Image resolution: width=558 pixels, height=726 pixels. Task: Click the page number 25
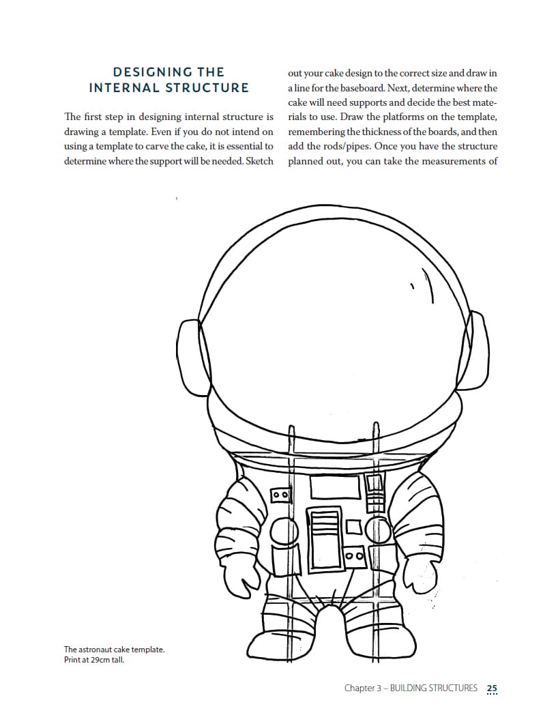click(493, 688)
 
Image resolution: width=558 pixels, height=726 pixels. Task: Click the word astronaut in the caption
click(97, 650)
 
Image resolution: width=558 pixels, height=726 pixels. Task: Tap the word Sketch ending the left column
click(259, 162)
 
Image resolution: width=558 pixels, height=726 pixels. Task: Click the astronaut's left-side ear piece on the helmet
click(188, 350)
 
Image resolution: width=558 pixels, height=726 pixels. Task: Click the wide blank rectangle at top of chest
click(335, 487)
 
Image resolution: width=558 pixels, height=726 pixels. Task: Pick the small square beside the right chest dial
click(354, 527)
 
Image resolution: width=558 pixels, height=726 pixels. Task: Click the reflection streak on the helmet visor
click(429, 285)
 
